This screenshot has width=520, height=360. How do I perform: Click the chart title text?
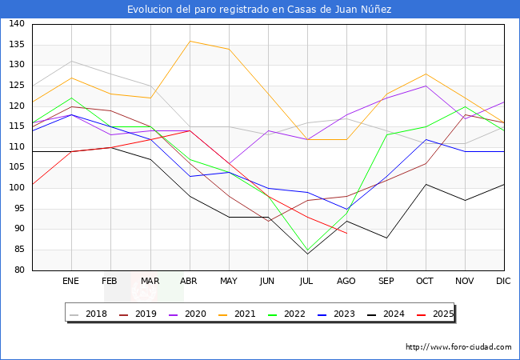click(259, 10)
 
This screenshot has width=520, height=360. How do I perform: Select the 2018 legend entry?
click(90, 314)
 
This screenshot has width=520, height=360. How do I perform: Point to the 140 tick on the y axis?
click(16, 24)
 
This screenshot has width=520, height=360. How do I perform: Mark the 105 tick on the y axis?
click(16, 168)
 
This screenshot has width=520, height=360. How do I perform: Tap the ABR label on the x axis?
click(189, 282)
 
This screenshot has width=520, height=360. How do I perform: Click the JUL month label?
click(307, 282)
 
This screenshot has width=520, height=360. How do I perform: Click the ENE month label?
click(71, 282)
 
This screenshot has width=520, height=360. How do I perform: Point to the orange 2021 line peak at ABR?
click(189, 41)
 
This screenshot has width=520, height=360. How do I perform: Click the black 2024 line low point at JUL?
click(307, 254)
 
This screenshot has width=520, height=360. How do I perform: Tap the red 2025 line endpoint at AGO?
click(346, 233)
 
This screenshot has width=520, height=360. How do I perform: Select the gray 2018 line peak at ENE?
click(71, 61)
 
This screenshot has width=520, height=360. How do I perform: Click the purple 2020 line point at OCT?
click(425, 86)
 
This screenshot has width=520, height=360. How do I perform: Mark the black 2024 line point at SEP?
click(386, 238)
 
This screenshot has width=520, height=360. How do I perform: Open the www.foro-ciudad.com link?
click(458, 347)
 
